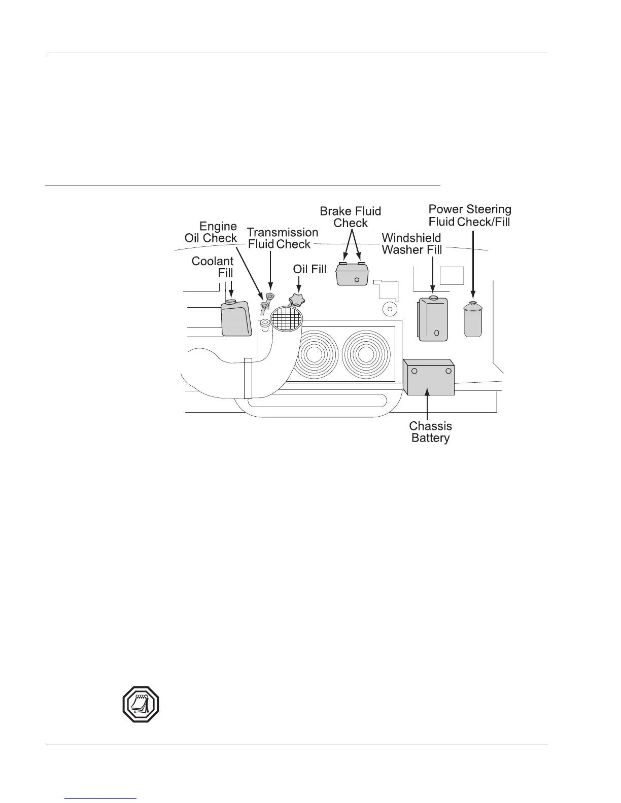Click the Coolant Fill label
[213, 267]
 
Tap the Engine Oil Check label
[211, 232]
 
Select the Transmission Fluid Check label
[282, 238]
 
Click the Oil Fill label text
[309, 269]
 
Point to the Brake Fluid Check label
[350, 217]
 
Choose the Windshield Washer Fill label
[411, 244]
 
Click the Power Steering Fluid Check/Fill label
[470, 215]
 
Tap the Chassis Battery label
[430, 432]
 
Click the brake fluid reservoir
[352, 274]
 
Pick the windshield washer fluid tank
[432, 319]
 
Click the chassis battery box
[428, 377]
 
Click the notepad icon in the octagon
[141, 704]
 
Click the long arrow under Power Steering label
[473, 264]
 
